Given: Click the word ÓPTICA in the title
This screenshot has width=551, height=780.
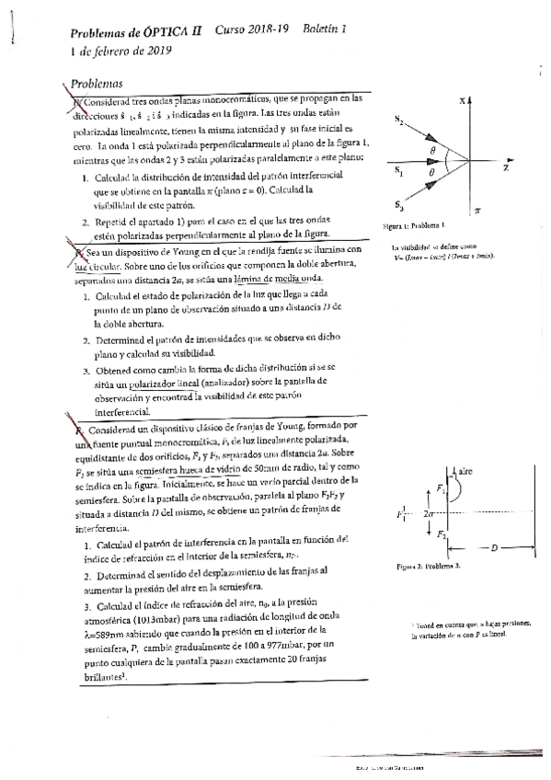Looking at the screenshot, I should (169, 32).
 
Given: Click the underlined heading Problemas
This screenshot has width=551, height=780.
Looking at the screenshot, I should (98, 81).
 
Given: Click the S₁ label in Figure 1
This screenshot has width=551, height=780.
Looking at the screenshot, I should (397, 171).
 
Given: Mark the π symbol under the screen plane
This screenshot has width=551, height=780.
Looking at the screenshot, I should (476, 210).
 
